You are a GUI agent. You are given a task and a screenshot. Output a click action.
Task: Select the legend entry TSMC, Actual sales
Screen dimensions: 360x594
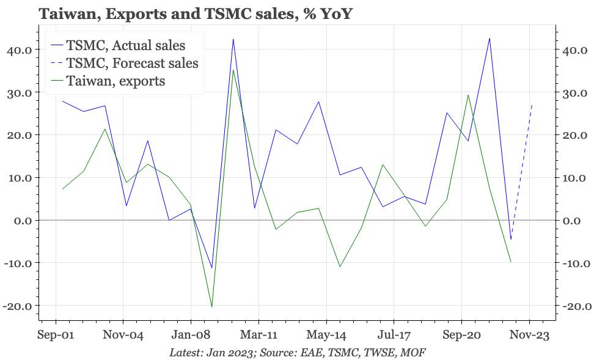coord(125,45)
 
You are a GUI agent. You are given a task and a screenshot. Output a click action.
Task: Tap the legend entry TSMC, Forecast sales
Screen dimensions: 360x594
coord(132,63)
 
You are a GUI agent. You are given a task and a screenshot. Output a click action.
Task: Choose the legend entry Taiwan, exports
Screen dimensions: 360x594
coord(116,81)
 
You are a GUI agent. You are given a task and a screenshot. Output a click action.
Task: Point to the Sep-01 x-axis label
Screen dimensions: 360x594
coord(56,336)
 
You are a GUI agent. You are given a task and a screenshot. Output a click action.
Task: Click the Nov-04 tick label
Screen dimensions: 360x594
coord(123,336)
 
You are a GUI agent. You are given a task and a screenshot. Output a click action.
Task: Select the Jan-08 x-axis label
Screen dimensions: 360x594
coord(191,336)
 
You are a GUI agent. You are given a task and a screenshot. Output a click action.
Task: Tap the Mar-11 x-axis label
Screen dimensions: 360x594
coord(258,336)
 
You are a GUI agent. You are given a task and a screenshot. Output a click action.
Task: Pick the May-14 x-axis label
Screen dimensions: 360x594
coord(326,336)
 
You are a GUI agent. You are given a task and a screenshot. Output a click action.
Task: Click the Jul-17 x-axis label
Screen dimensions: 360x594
coord(394,336)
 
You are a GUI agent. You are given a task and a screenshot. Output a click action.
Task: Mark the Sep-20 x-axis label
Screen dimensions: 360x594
coord(461,336)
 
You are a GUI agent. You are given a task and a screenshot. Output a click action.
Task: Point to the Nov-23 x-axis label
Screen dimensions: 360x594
coord(529,336)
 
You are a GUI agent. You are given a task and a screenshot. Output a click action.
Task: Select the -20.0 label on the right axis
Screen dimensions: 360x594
coord(574,306)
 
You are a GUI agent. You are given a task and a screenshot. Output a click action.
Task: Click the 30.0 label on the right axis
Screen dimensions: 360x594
coord(574,93)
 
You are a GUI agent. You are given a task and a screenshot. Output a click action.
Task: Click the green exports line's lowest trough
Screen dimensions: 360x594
coord(211,307)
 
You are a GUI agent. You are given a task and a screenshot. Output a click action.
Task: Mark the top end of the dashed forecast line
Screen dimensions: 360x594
coord(532,105)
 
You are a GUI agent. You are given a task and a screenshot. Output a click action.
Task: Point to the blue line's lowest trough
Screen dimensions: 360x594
coord(211,268)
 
